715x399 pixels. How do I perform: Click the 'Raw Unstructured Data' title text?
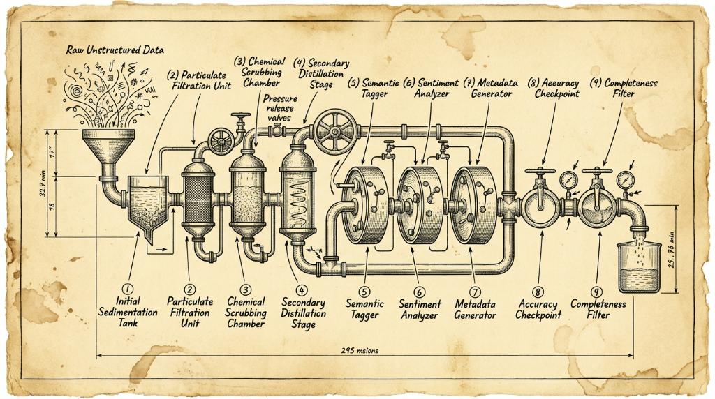coord(115,50)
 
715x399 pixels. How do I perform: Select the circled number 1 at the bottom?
coord(128,289)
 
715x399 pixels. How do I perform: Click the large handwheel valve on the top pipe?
coord(335,132)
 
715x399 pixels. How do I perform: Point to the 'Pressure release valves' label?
coord(280,108)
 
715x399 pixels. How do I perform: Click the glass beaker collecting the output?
coord(638,267)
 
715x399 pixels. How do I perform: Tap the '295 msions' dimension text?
coord(360,350)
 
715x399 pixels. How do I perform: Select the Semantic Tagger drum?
coord(364,205)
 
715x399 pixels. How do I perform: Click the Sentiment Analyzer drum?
coord(419,205)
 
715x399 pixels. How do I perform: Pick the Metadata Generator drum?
coord(474,205)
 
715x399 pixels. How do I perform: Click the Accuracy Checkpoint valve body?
coord(541,208)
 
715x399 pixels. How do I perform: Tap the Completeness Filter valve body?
coord(598,208)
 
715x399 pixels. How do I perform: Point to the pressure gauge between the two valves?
coord(568,180)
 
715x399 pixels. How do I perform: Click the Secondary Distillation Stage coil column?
coord(298,198)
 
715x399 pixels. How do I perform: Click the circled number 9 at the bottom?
coord(596,292)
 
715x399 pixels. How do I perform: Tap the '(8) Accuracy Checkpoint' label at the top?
coord(553,89)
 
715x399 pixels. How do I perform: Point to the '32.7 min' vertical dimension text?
coord(43,183)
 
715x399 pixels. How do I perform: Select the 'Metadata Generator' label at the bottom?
coord(475,309)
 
